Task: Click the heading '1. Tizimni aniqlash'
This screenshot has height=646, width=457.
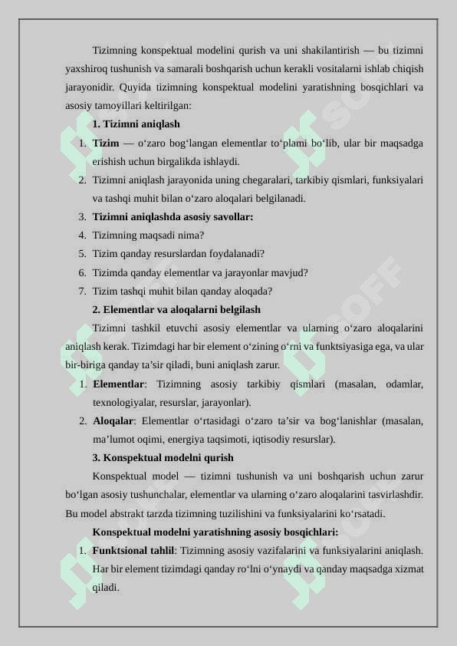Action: pyautogui.click(x=136, y=124)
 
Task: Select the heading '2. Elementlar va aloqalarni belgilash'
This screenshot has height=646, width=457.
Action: pyautogui.click(x=176, y=310)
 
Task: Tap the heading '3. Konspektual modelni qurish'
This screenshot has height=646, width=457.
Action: pyautogui.click(x=163, y=458)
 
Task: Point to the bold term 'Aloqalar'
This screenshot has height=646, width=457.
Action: pyautogui.click(x=113, y=421)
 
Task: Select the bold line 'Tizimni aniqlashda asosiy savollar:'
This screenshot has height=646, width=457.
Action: pyautogui.click(x=173, y=217)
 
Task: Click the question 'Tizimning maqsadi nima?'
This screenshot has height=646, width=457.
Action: pyautogui.click(x=148, y=236)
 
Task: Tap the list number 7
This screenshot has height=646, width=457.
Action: pyautogui.click(x=82, y=292)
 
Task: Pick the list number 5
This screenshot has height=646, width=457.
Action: pyautogui.click(x=82, y=254)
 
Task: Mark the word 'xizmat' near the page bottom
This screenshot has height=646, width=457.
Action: pyautogui.click(x=409, y=569)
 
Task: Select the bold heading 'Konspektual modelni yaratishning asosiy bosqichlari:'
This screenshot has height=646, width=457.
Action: pyautogui.click(x=215, y=532)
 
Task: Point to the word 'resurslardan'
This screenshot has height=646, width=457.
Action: pyautogui.click(x=190, y=254)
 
